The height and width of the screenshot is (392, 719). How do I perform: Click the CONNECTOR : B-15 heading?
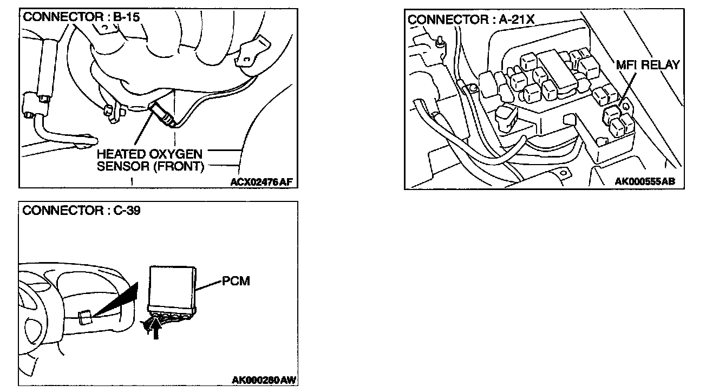[x=81, y=17]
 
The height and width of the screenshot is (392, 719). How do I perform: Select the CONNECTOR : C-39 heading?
[x=82, y=211]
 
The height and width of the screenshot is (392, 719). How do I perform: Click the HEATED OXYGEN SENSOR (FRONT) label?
[x=149, y=161]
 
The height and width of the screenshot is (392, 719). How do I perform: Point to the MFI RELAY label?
[x=648, y=66]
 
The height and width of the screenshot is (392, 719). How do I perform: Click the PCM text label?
[x=236, y=282]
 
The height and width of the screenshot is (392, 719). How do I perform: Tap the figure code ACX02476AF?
[x=262, y=182]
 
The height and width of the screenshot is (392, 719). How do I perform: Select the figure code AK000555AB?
[x=645, y=181]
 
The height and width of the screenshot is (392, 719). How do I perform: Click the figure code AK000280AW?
[x=264, y=380]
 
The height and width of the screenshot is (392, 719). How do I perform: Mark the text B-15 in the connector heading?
[x=126, y=17]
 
